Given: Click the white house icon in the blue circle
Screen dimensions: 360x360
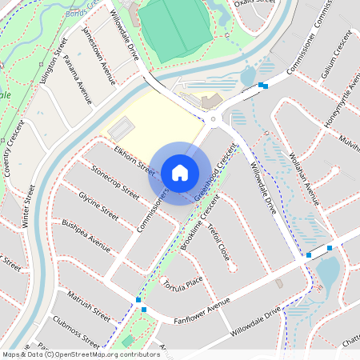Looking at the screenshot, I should tap(180, 173).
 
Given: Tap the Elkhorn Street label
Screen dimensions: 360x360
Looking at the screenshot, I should tap(134, 159).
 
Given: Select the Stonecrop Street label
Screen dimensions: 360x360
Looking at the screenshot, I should tap(117, 182).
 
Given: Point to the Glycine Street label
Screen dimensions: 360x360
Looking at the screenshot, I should tap(98, 206).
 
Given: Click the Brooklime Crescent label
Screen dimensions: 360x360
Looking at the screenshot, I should tap(199, 225).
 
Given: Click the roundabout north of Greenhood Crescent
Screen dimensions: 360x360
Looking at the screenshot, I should tap(214, 121).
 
